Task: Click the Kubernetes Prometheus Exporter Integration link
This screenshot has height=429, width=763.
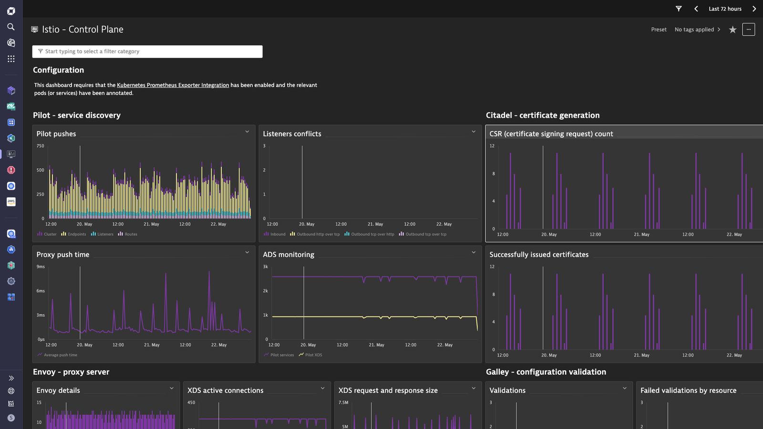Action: pos(173,85)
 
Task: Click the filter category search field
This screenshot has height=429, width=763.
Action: pos(147,51)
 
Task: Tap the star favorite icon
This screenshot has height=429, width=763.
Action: pos(732,30)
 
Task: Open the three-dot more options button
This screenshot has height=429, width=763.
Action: pos(748,29)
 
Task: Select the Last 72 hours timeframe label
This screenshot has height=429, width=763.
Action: pos(725,9)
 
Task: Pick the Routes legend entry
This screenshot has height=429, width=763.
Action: pos(127,234)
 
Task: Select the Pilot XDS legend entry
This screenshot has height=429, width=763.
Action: pos(310,355)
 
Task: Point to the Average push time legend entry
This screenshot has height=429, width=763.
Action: pos(57,355)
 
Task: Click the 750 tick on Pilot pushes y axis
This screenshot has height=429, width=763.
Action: pos(40,146)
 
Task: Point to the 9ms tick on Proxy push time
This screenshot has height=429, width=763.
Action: pos(41,266)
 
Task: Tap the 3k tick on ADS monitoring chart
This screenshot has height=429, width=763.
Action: pos(265,266)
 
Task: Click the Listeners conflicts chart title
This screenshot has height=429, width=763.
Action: pos(292,134)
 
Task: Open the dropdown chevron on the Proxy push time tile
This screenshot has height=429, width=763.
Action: pos(247,252)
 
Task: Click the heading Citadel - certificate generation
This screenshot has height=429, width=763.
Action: pos(543,115)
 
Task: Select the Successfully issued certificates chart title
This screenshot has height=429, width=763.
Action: pos(539,255)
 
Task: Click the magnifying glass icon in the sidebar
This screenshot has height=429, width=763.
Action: pos(11,27)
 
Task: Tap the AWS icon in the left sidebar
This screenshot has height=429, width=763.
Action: pos(11,202)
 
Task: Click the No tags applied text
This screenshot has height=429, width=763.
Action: pos(694,30)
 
